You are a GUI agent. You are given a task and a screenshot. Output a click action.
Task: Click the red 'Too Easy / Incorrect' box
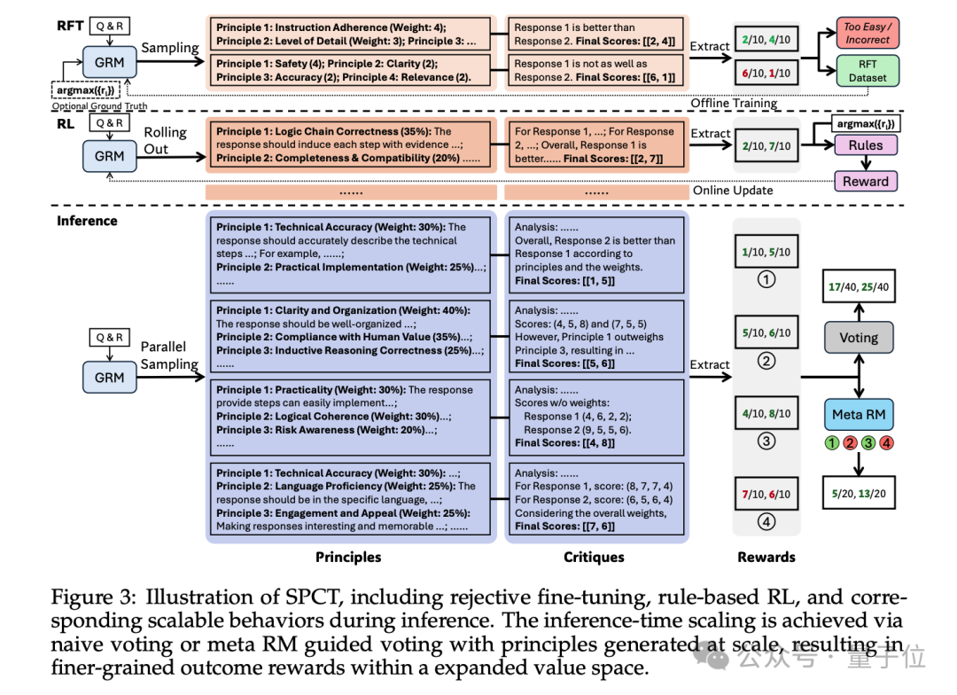(x=867, y=34)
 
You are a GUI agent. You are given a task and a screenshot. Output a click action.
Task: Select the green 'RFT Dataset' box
(x=867, y=71)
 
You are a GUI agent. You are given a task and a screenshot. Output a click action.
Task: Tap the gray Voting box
(x=859, y=337)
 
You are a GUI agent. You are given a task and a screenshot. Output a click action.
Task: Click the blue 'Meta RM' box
(x=859, y=414)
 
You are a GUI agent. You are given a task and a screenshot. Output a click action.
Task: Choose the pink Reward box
(x=865, y=181)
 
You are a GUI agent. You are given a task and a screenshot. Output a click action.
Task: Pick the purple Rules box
(x=865, y=145)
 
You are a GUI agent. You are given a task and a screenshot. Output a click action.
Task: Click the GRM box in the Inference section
(x=109, y=378)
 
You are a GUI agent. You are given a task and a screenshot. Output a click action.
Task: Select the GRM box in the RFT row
(x=109, y=63)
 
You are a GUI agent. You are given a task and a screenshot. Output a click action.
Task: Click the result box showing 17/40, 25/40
(x=859, y=287)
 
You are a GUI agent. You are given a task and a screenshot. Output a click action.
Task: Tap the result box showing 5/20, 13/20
(x=859, y=494)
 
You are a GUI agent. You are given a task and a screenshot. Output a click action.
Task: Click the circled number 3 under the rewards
(x=766, y=441)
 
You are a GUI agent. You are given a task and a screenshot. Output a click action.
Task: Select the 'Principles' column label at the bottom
(x=348, y=557)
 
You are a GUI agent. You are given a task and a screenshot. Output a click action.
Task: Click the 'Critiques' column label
(x=594, y=557)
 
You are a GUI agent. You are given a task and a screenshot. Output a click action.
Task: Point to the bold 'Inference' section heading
(x=87, y=221)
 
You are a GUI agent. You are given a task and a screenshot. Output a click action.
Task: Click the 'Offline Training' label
(x=735, y=103)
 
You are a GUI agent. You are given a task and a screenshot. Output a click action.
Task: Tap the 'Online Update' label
(x=734, y=190)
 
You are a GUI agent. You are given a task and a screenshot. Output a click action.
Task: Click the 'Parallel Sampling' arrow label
(x=168, y=355)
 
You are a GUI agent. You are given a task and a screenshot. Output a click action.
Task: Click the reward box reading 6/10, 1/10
(x=766, y=72)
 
